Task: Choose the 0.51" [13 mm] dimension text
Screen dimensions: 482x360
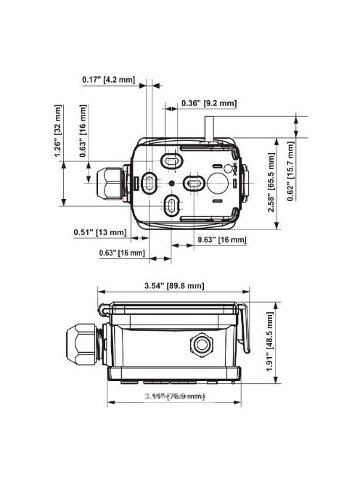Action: tap(101, 232)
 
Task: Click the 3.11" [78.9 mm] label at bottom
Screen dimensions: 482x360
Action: tap(174, 396)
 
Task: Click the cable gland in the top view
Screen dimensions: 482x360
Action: tap(107, 181)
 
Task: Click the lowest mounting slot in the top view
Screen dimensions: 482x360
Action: tap(171, 207)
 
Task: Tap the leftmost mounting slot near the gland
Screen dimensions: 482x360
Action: tap(149, 183)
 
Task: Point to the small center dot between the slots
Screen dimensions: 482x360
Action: tap(171, 183)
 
